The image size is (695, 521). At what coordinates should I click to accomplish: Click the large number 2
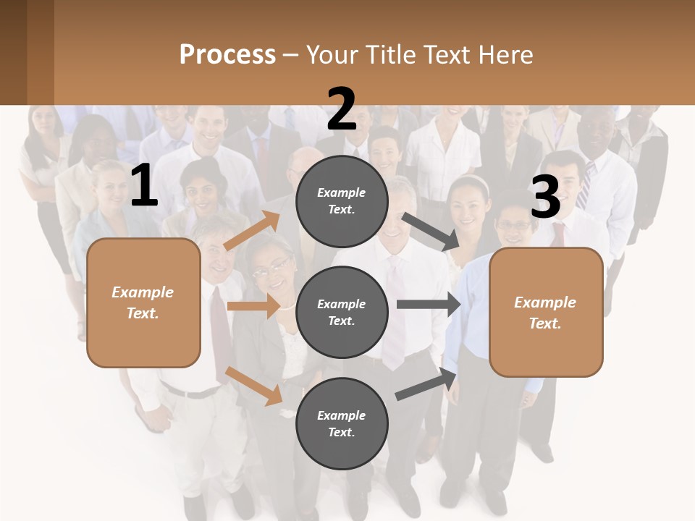click(x=341, y=110)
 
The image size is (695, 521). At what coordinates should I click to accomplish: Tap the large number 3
click(x=545, y=198)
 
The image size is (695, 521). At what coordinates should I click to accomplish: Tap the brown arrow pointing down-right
click(x=254, y=386)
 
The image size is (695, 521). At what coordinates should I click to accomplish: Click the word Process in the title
click(x=227, y=54)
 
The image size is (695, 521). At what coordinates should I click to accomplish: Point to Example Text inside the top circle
click(x=342, y=201)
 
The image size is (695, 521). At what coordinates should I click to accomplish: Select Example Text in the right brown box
click(x=545, y=313)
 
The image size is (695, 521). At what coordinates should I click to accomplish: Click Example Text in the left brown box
click(x=143, y=302)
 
